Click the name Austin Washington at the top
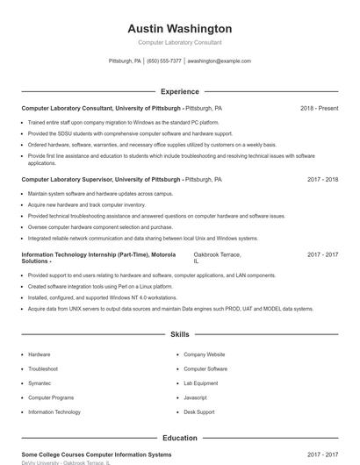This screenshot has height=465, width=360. point(180,28)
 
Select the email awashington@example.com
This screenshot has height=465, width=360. point(220,61)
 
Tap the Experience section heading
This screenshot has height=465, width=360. point(180,91)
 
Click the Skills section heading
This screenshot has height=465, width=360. point(180,334)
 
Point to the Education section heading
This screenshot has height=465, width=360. point(180,438)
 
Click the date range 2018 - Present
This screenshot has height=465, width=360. point(319,108)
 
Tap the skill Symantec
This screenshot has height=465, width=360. point(40,383)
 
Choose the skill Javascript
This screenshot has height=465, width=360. point(196,397)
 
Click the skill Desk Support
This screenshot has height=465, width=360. point(199,411)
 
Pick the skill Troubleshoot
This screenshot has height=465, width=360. point(43,368)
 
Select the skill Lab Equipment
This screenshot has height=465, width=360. point(201,383)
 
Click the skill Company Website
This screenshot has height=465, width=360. point(205,354)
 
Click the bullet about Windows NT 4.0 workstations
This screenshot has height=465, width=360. point(102,297)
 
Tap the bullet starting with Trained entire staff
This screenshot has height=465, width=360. point(121,123)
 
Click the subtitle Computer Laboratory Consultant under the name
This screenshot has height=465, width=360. point(180,42)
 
